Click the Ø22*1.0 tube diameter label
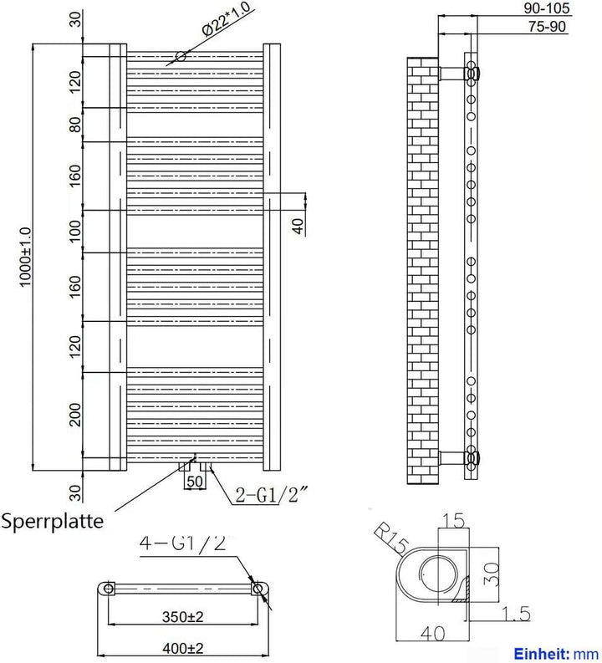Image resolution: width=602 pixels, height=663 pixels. [x=227, y=19]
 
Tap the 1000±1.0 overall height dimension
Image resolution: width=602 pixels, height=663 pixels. [x=25, y=257]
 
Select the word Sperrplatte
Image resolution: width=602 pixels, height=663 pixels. [x=52, y=521]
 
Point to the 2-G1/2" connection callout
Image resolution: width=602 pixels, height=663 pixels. [x=272, y=495]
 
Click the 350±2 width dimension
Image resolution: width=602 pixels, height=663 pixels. [x=182, y=616]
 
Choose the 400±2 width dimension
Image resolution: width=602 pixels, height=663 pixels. [x=182, y=647]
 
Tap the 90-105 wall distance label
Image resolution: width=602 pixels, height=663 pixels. [x=547, y=8]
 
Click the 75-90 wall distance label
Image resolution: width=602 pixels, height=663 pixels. [x=547, y=26]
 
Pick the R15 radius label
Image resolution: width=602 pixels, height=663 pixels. [x=391, y=538]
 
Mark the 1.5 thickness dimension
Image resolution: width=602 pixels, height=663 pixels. [x=516, y=614]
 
